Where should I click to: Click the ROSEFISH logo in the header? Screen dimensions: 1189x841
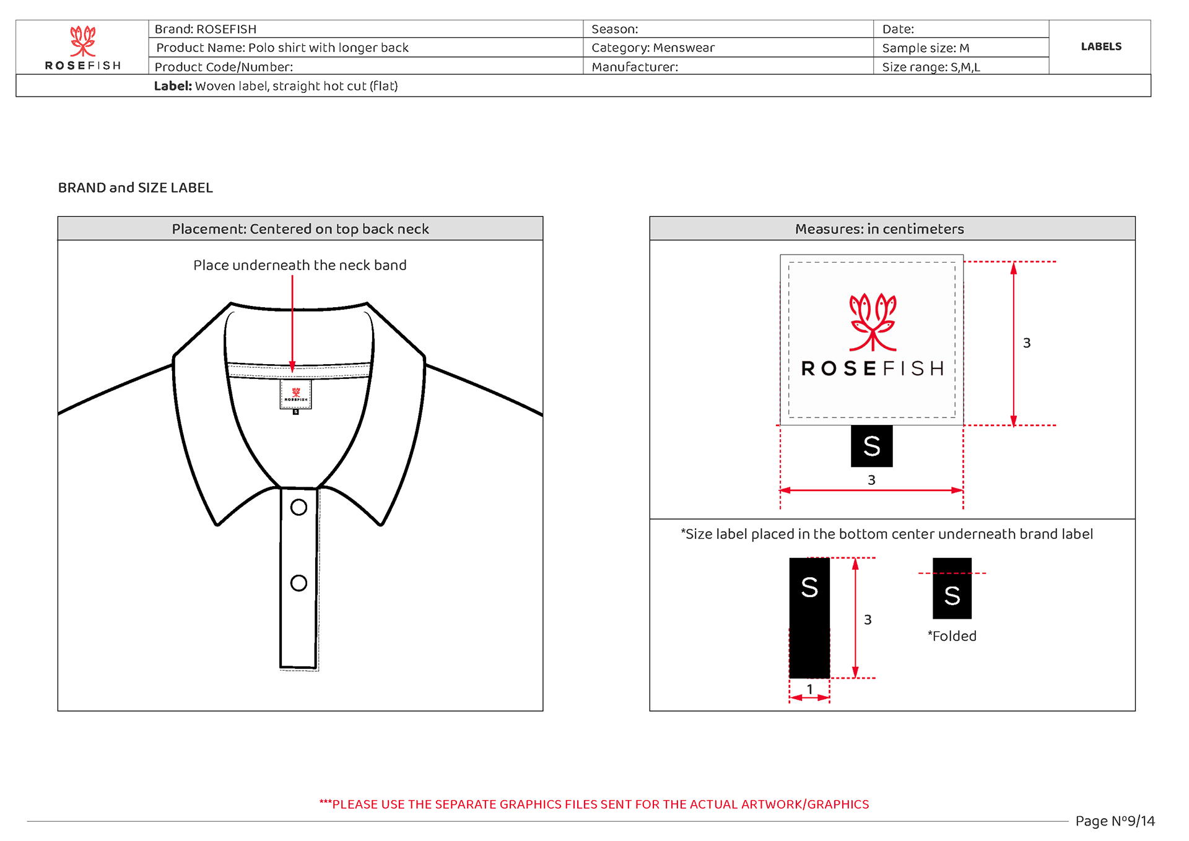[x=82, y=48]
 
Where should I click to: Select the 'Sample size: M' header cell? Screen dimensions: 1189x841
[x=925, y=48]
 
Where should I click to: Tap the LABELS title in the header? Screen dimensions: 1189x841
[x=1100, y=47]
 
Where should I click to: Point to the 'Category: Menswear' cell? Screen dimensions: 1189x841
[x=653, y=48]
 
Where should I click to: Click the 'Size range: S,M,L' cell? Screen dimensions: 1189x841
[x=931, y=67]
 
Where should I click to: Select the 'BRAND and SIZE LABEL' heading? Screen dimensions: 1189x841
[x=135, y=188]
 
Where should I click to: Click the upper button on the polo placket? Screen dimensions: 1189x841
[x=298, y=507]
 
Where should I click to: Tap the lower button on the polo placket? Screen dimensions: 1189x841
[x=298, y=583]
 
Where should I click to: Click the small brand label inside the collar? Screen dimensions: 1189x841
[x=295, y=394]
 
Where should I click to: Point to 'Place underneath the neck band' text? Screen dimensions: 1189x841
[x=300, y=265]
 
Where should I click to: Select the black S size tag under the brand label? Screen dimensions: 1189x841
[x=871, y=446]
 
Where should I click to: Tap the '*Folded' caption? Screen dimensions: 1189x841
[x=952, y=636]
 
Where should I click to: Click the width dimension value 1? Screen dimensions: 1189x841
[x=809, y=689]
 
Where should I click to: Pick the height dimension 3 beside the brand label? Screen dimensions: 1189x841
[x=1027, y=343]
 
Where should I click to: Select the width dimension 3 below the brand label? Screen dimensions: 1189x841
[x=871, y=480]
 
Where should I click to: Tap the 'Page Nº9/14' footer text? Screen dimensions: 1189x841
[x=1115, y=821]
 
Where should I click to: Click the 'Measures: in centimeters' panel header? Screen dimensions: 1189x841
[x=879, y=229]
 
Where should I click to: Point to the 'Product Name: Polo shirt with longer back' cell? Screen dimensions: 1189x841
[x=282, y=48]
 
